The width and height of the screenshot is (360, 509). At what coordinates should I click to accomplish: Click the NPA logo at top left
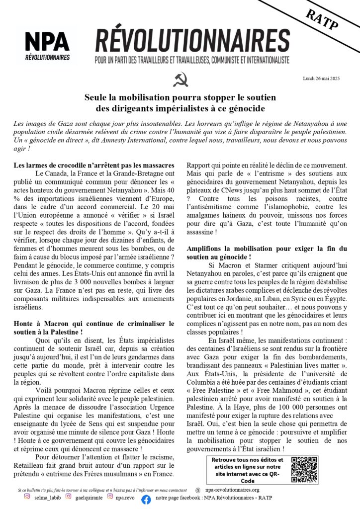pos(48,46)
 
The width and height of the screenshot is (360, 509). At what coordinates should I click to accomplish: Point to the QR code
pos(304,469)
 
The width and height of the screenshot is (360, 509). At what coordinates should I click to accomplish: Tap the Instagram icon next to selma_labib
pos(27,496)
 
